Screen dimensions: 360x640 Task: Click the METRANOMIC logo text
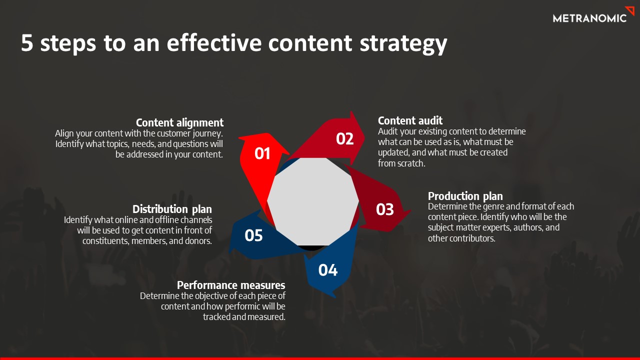pos(589,18)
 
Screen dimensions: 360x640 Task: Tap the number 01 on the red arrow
pos(262,153)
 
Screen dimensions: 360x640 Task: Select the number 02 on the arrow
pos(344,139)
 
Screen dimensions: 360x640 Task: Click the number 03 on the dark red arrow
pos(384,209)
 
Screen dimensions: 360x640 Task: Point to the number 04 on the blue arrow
pos(328,270)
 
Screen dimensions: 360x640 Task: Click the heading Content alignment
pos(179,123)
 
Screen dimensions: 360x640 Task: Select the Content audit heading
pos(410,120)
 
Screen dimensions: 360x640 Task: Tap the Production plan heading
pos(465,196)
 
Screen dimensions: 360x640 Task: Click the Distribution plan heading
pos(172,209)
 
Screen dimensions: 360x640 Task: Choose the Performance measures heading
pos(231,285)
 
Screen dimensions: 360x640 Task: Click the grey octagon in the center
pos(313,201)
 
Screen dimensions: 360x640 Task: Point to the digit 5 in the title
pos(27,43)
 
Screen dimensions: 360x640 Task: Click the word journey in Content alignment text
pos(205,134)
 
